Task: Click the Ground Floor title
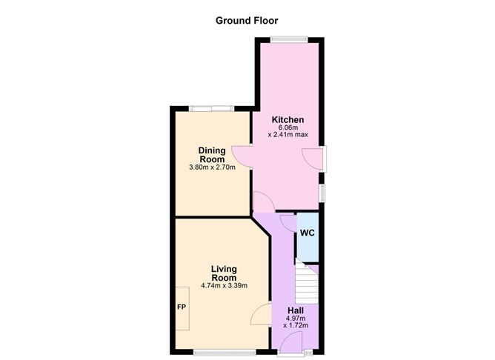(x=247, y=20)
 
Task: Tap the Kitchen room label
(x=288, y=120)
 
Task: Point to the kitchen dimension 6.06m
(x=288, y=127)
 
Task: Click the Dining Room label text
(x=212, y=155)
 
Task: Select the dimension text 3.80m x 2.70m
(x=212, y=167)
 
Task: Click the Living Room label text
(x=223, y=273)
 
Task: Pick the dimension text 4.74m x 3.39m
(x=223, y=286)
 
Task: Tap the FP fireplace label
(x=180, y=306)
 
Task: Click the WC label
(x=308, y=233)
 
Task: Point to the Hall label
(x=295, y=311)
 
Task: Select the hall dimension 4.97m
(x=295, y=319)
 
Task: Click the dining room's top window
(x=211, y=110)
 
